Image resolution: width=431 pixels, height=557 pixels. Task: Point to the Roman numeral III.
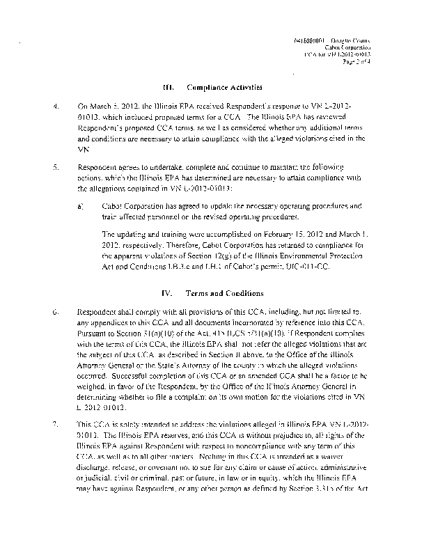pos(167,88)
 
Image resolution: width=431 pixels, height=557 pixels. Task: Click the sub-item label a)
pos(81,207)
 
